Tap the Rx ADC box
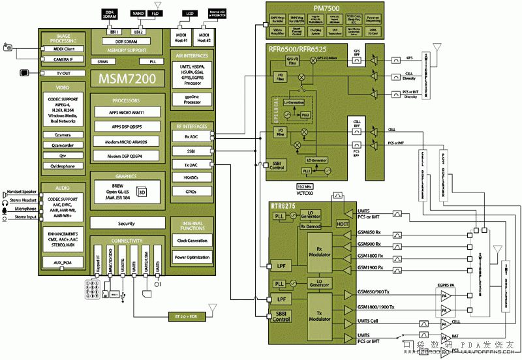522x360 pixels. (192, 137)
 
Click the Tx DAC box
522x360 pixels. (192, 164)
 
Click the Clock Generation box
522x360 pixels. (192, 241)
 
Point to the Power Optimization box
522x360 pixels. (192, 257)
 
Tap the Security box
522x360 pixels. (126, 223)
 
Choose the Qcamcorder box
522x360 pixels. (63, 145)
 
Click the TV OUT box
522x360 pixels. (63, 73)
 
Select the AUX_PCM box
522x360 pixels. (63, 262)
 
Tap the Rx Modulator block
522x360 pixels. (320, 252)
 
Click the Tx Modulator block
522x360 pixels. (320, 316)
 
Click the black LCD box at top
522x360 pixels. (191, 12)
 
